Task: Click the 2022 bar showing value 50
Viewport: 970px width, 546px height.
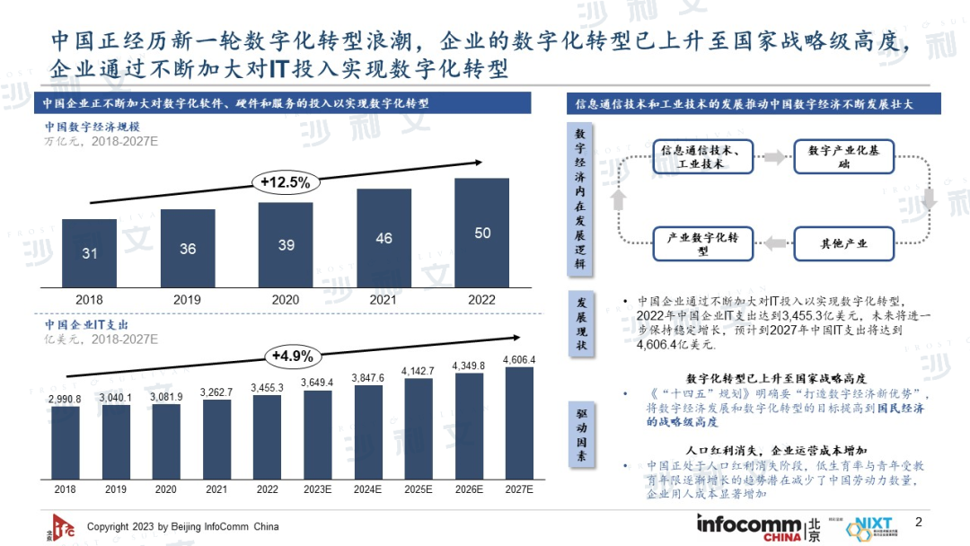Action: click(482, 233)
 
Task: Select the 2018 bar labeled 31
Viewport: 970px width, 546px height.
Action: click(89, 253)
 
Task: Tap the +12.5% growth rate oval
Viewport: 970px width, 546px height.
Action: click(286, 182)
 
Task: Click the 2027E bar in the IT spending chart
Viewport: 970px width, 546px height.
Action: click(519, 426)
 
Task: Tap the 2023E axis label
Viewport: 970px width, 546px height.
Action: click(317, 489)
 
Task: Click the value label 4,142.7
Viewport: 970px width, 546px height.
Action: click(419, 370)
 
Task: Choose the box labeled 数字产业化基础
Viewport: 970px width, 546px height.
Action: click(843, 157)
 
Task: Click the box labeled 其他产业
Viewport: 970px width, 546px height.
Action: click(843, 243)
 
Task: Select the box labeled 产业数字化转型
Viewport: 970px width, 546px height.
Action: click(702, 244)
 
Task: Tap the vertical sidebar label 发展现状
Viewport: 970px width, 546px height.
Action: click(580, 323)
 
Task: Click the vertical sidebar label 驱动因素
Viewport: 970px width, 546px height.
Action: click(580, 435)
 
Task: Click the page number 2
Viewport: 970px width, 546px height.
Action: click(918, 522)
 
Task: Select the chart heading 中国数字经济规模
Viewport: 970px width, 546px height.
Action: click(86, 127)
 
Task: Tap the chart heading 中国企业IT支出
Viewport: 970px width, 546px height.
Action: click(86, 323)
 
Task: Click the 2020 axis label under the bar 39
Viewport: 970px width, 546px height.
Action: click(286, 300)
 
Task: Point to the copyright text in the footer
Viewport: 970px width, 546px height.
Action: click(182, 526)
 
